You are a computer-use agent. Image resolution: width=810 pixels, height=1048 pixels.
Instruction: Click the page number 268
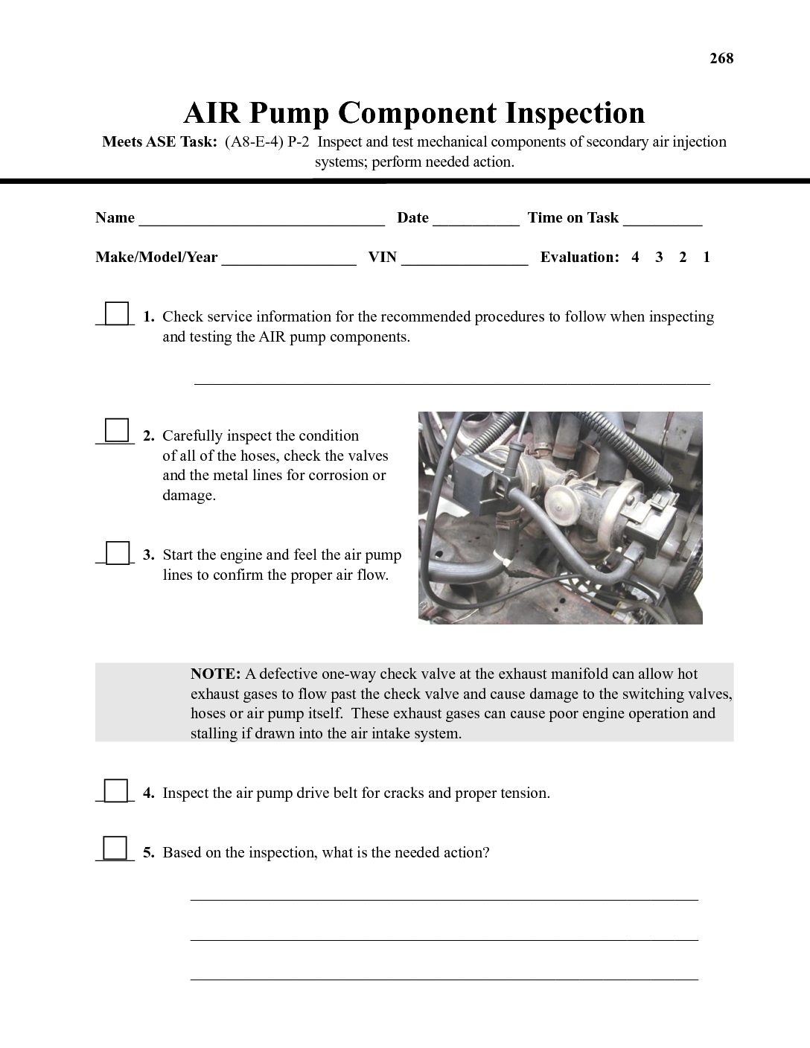[721, 59]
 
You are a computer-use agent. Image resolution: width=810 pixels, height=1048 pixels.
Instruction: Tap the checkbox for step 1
[116, 313]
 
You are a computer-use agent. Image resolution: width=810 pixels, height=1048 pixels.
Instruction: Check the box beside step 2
[116, 431]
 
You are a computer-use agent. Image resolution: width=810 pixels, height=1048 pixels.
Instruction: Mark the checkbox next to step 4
[116, 790]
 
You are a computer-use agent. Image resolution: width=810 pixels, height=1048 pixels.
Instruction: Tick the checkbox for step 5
[115, 849]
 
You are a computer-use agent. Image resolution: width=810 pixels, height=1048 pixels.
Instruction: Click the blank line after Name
[261, 220]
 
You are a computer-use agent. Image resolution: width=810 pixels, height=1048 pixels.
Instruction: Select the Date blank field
[476, 220]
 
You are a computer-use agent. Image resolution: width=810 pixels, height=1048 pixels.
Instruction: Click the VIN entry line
[465, 260]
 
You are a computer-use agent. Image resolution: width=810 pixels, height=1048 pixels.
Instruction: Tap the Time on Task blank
[663, 220]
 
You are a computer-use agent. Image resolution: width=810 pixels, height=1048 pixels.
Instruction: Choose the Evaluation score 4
[635, 258]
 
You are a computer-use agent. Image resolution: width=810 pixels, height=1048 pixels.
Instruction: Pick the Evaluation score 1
[707, 258]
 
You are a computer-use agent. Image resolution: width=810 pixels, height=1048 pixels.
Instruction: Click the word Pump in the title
[290, 113]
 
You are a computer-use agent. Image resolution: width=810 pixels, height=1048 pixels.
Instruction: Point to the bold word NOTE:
[215, 674]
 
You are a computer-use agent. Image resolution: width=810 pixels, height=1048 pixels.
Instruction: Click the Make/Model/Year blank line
[289, 260]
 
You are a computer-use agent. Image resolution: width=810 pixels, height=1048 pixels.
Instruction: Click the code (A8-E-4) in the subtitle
[254, 142]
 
